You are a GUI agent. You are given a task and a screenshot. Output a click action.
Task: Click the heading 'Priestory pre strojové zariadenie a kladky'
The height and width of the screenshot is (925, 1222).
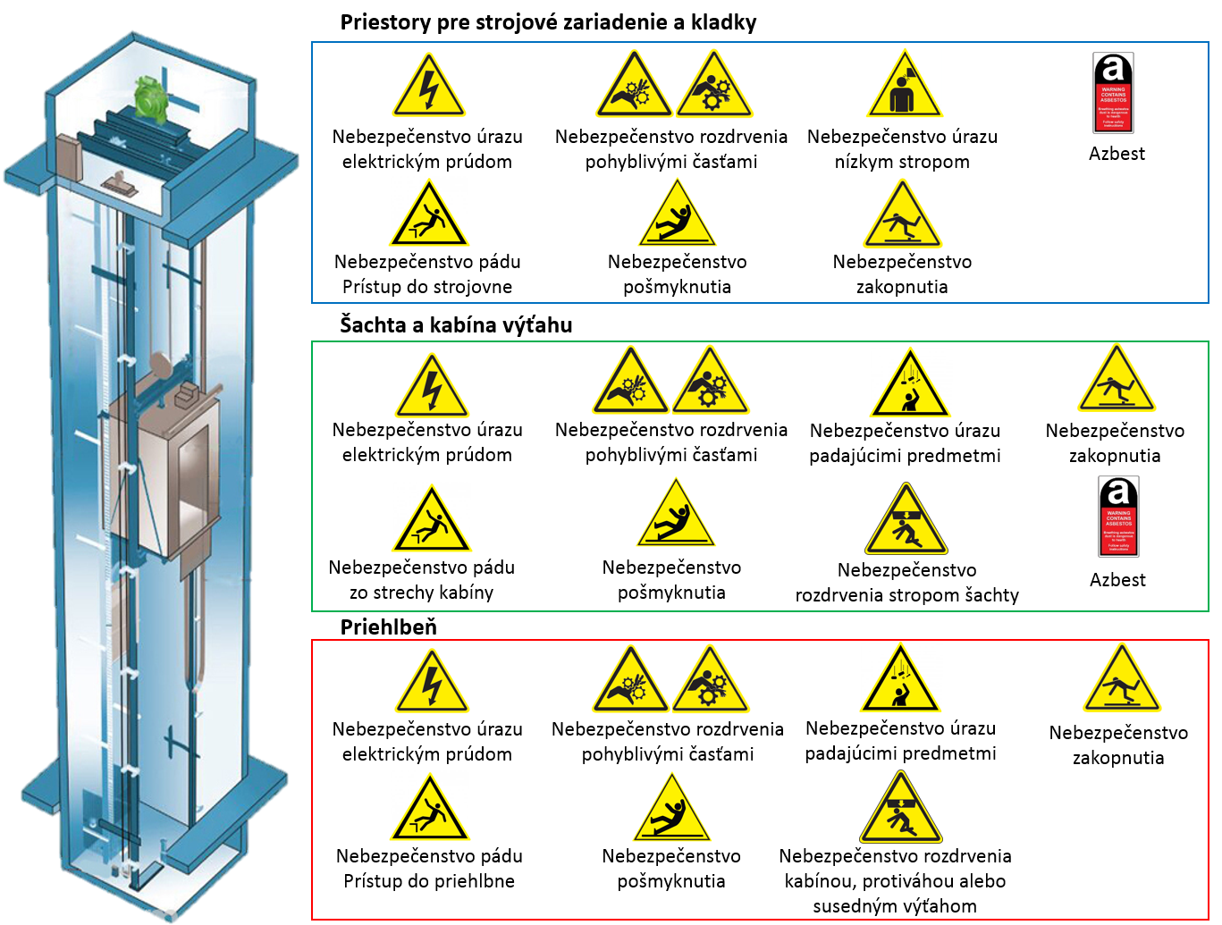coord(548,22)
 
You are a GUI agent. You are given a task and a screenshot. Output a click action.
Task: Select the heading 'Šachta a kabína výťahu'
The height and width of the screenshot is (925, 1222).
coord(456,324)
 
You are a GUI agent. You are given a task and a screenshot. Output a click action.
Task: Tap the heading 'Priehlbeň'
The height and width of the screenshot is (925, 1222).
coord(388,626)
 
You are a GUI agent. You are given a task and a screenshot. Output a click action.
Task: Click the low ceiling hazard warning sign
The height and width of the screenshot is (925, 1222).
coord(904,87)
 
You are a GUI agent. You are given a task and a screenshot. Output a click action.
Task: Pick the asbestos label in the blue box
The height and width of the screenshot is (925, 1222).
coord(1113,93)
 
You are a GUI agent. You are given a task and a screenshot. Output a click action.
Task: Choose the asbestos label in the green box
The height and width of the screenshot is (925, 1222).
coord(1118,517)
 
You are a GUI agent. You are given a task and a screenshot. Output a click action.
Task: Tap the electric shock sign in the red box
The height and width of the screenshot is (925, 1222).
coord(432,683)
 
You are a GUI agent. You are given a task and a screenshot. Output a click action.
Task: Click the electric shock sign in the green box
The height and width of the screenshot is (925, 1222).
coord(432,387)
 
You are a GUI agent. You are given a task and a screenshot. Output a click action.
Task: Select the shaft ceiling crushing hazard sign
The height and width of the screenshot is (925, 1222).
coord(906,521)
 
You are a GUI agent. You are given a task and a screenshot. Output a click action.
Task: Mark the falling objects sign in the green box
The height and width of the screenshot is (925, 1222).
coord(909,385)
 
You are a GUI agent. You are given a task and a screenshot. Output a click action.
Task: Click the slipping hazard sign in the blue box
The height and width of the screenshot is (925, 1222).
coord(678,216)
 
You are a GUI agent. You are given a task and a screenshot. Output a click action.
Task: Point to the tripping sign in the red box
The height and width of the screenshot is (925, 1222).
coord(1121,681)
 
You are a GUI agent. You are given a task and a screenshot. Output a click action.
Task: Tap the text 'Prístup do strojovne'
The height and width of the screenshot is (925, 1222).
coord(427,287)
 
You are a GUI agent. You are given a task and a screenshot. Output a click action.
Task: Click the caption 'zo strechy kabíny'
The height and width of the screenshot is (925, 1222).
coord(421,593)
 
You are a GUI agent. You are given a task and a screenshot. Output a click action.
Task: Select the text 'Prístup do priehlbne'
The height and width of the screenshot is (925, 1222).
coord(429,881)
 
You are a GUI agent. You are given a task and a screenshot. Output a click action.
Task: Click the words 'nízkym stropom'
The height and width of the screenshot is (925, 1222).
coord(902,162)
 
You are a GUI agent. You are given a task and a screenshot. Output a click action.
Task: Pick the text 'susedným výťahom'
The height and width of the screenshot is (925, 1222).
coord(895,906)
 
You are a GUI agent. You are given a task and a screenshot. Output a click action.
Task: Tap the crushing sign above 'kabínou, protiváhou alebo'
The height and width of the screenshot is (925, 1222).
coord(900,810)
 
